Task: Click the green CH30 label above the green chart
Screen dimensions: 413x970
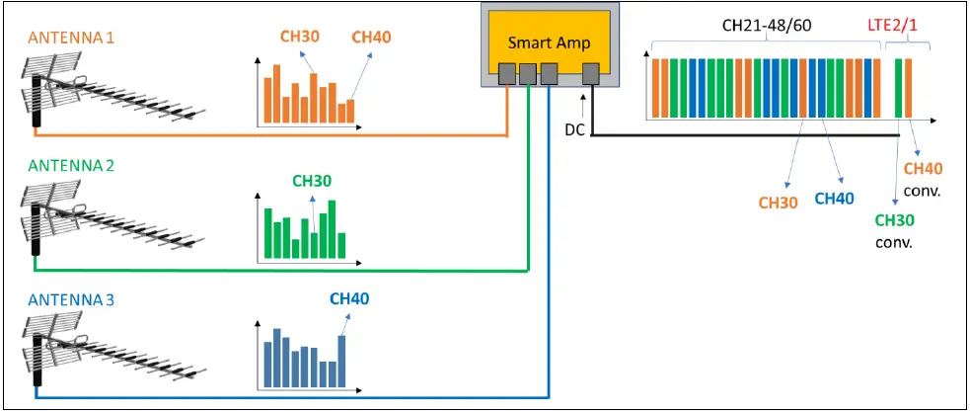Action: tap(312, 181)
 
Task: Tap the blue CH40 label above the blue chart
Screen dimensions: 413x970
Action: tap(348, 298)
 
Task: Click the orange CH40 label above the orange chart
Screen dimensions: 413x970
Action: tap(371, 38)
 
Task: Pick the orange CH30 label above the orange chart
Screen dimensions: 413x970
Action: tap(299, 38)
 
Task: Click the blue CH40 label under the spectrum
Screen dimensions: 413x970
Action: tap(834, 199)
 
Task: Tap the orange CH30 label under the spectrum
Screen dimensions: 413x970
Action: tap(779, 203)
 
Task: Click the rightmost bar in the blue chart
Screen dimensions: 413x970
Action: tap(342, 362)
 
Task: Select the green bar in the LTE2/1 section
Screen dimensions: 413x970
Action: tap(899, 89)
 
